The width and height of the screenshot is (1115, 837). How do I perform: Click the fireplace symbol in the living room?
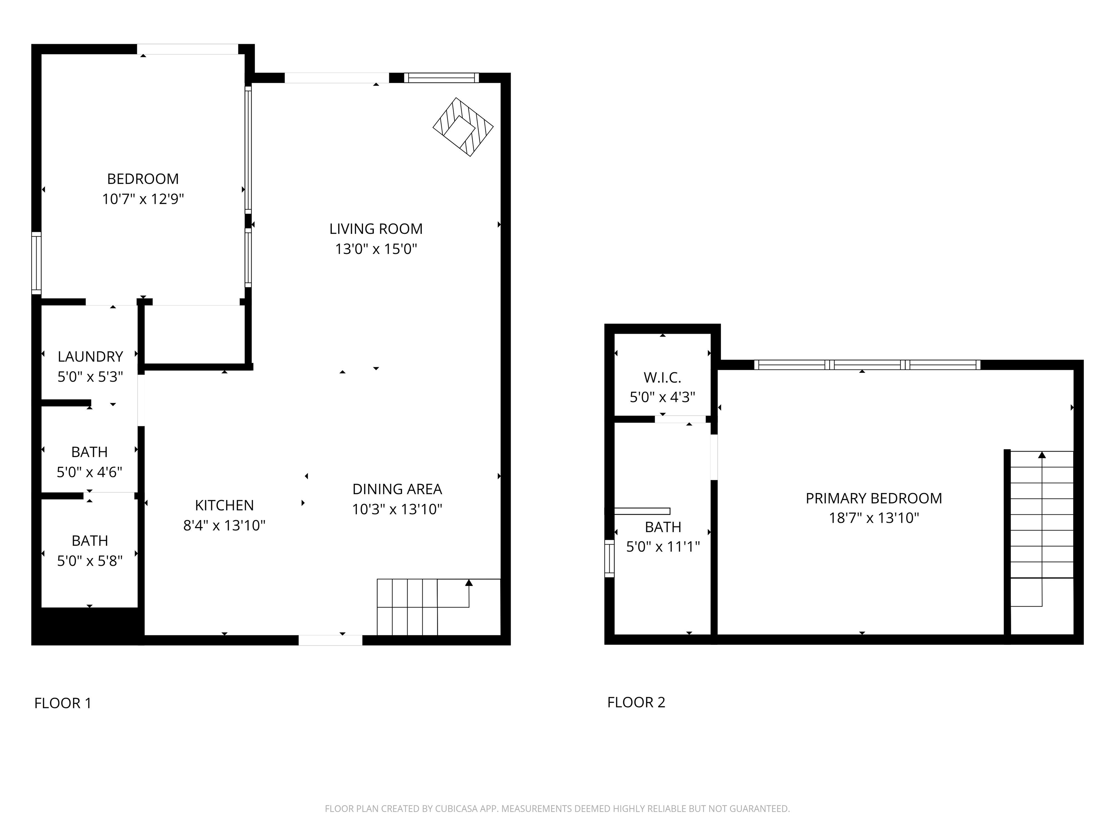(463, 127)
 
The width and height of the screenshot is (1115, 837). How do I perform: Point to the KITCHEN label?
(224, 505)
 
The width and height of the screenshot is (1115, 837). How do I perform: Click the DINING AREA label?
(397, 489)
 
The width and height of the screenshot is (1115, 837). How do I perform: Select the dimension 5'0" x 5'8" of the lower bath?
(90, 561)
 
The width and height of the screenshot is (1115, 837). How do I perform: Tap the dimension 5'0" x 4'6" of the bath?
(89, 472)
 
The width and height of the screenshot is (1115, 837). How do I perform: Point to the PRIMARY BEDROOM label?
(874, 498)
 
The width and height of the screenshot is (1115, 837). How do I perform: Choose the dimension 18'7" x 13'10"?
(874, 518)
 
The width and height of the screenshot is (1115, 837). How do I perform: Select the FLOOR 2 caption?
(636, 702)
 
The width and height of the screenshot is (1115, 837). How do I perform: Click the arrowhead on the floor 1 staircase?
(469, 583)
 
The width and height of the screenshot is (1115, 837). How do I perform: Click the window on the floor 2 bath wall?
(609, 558)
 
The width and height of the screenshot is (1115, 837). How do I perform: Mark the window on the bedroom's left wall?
(36, 263)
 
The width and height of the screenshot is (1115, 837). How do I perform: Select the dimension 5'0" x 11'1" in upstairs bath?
(663, 546)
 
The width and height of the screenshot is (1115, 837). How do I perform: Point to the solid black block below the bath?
(87, 626)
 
